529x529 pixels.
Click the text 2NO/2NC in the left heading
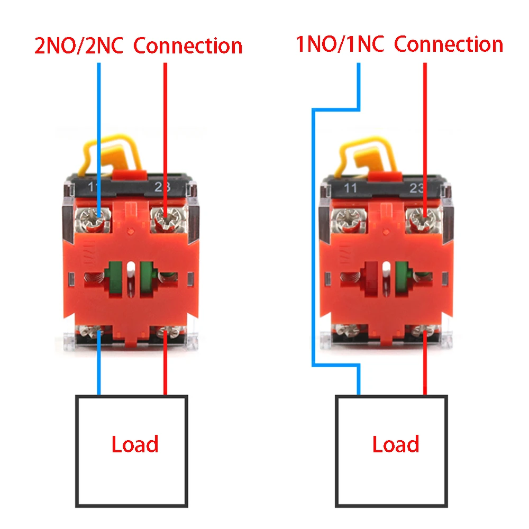[79, 46]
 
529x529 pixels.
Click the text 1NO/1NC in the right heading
[340, 44]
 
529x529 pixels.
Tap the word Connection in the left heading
[188, 46]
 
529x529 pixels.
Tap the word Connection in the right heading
[449, 44]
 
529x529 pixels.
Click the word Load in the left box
[135, 444]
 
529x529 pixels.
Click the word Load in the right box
[396, 444]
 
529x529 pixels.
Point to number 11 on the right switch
[350, 188]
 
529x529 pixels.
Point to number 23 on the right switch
[417, 188]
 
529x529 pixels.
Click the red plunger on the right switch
[371, 279]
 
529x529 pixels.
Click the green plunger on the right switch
[402, 279]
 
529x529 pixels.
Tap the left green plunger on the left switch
[115, 279]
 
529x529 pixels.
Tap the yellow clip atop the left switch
[111, 155]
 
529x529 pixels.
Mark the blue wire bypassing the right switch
[313, 236]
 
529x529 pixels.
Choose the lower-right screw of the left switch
[169, 332]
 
